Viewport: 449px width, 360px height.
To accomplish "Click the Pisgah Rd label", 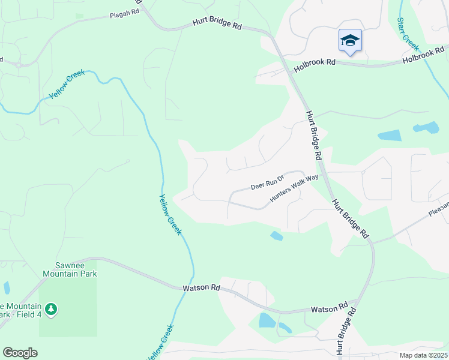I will tap(125, 16).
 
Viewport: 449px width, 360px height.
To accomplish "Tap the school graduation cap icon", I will tap(350, 40).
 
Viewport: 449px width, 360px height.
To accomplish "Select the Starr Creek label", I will tap(408, 33).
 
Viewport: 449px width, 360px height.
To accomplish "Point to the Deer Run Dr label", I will tap(267, 184).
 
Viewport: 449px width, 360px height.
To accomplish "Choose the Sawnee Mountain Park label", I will tap(70, 269).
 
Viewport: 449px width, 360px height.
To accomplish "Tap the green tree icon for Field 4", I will tap(52, 309).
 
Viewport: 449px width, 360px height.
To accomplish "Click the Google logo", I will tap(20, 353).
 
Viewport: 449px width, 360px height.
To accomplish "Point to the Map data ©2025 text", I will tap(423, 355).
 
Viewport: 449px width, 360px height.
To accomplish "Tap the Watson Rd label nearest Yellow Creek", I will tap(201, 287).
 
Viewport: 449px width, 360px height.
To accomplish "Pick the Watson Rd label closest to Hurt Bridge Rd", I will tap(330, 308).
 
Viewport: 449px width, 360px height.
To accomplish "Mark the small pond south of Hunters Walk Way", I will tap(276, 236).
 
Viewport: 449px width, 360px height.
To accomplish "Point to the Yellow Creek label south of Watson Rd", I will tap(160, 343).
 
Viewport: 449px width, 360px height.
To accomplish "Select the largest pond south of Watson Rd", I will tap(267, 320).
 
